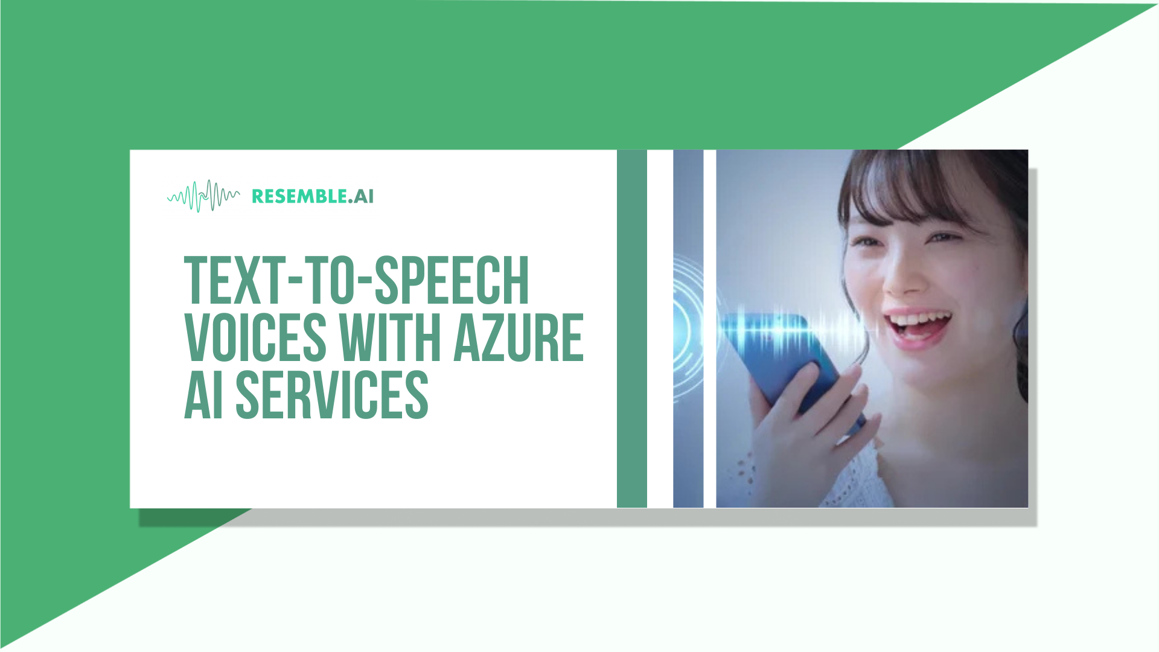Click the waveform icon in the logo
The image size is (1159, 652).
(x=203, y=196)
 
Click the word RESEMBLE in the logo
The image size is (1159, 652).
(x=299, y=196)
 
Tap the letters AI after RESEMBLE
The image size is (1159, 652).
(x=363, y=196)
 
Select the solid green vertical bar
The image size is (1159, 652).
(x=631, y=328)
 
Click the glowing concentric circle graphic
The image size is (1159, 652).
(x=688, y=329)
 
